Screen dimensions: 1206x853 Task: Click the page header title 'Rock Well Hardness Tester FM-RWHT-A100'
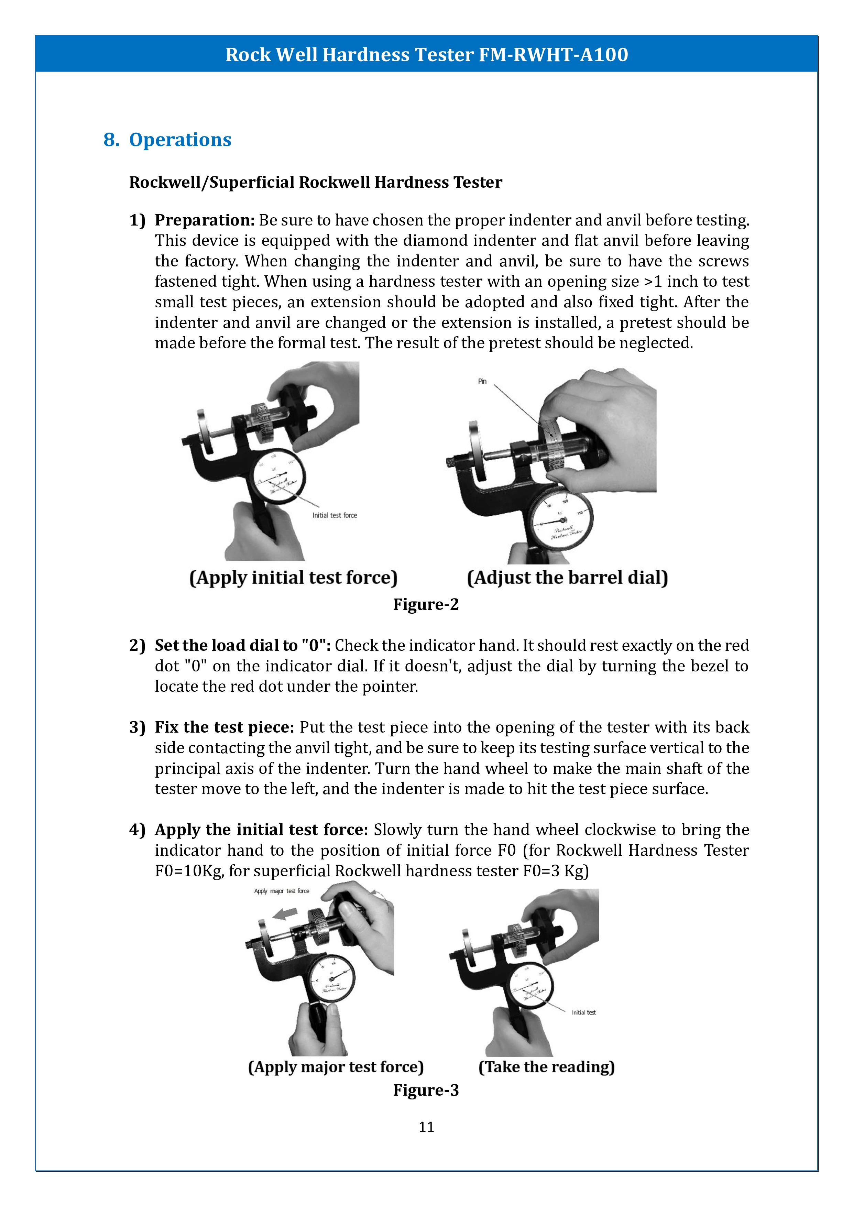tap(426, 55)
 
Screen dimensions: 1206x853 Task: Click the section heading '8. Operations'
tap(167, 140)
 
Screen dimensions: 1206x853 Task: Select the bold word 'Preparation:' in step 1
tap(204, 220)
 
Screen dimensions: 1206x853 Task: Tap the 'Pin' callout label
tap(482, 381)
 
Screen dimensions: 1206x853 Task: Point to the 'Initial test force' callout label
tap(335, 515)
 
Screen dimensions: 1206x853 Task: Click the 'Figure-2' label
tap(426, 605)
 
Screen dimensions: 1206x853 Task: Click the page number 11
tap(426, 1127)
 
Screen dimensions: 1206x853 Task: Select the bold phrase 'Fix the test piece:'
tap(224, 727)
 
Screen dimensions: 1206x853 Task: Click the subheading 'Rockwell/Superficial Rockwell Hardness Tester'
tap(316, 182)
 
